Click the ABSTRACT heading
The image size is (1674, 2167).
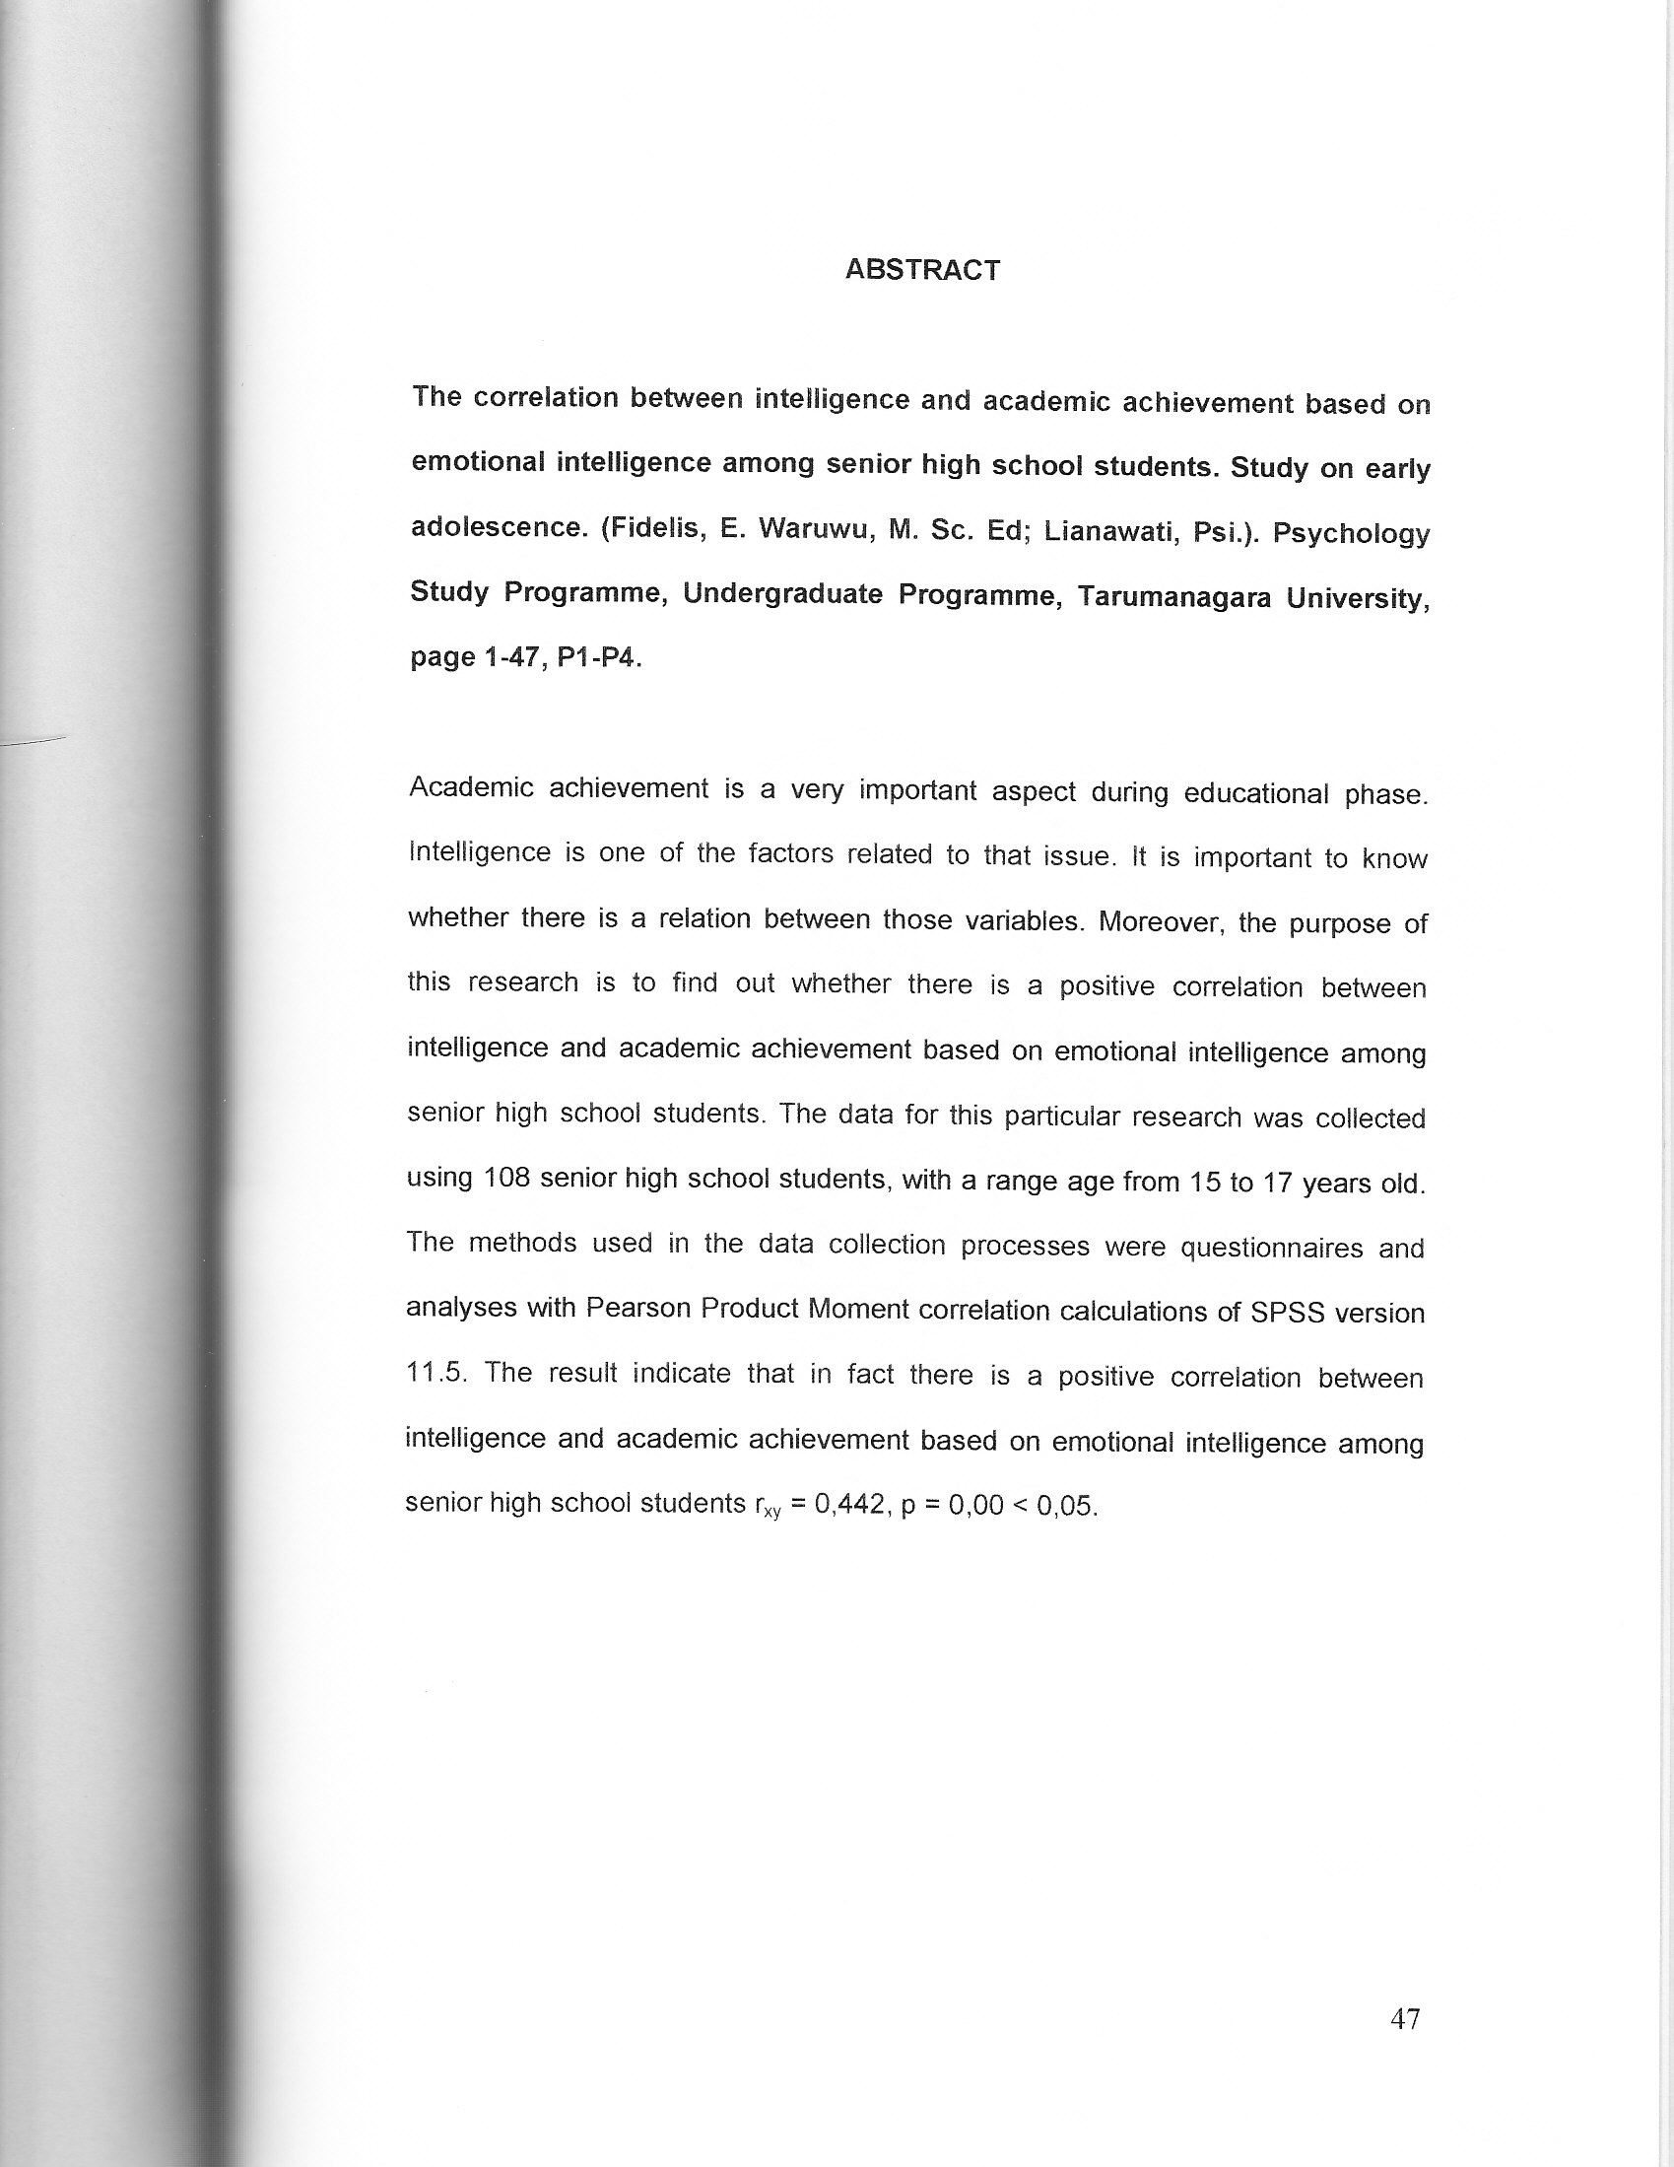pyautogui.click(x=922, y=270)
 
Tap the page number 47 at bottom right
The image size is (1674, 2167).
pyautogui.click(x=1405, y=2019)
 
